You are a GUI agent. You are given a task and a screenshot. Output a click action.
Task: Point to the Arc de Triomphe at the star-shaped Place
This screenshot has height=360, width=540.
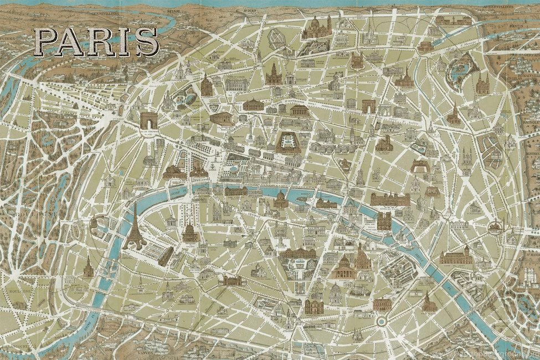pos(148,120)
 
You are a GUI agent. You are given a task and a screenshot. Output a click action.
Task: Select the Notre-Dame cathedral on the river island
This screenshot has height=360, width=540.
pos(383,220)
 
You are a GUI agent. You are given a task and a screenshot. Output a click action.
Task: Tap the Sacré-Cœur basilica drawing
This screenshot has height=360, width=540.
pos(316,28)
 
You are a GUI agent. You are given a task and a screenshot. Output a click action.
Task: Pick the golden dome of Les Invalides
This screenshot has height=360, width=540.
pos(190,232)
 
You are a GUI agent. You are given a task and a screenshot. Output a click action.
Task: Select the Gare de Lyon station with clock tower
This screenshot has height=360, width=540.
pos(456,255)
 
